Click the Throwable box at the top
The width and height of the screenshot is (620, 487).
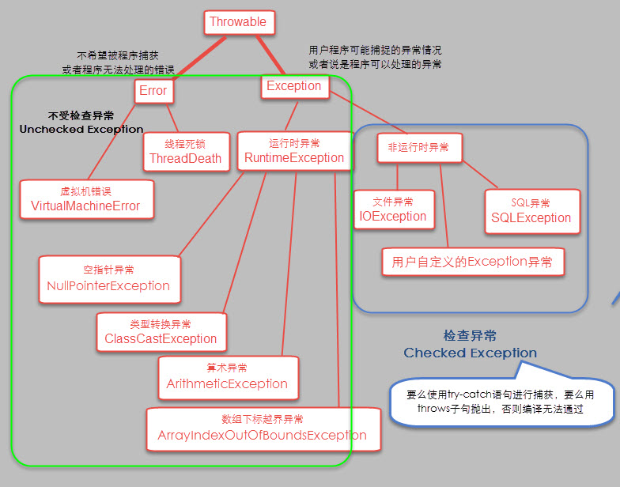(x=239, y=22)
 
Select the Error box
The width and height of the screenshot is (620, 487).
(x=153, y=91)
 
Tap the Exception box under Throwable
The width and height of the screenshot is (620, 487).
(x=294, y=86)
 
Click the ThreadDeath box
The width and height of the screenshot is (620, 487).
(x=185, y=151)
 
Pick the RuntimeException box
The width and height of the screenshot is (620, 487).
(x=294, y=151)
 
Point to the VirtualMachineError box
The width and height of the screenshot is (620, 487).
(x=85, y=199)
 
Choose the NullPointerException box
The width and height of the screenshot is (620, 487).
(x=108, y=278)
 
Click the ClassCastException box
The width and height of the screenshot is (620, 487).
(x=161, y=332)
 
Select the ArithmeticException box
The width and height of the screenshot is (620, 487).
(x=227, y=376)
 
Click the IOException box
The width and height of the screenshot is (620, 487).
(x=393, y=210)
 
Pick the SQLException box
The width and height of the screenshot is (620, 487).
(x=531, y=211)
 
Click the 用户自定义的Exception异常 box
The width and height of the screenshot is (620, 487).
(x=472, y=262)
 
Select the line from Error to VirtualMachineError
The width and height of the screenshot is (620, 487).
(x=111, y=143)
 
